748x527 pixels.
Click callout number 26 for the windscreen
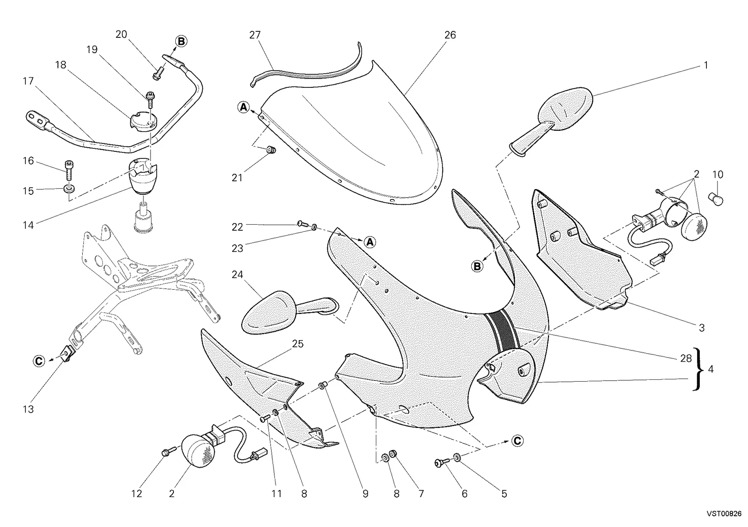(x=450, y=35)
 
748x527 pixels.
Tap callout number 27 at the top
(x=255, y=35)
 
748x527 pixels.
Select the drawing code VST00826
(x=724, y=513)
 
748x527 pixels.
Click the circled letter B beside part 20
(x=181, y=42)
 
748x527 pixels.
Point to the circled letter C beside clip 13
(x=39, y=361)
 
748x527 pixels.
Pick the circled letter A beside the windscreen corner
(x=244, y=107)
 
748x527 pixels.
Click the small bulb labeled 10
(x=716, y=199)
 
